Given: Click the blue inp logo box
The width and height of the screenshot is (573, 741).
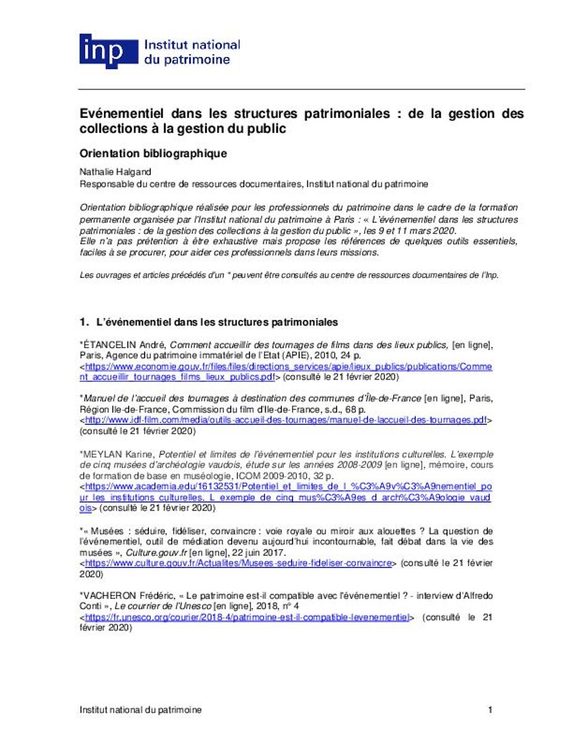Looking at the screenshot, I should pyautogui.click(x=108, y=51).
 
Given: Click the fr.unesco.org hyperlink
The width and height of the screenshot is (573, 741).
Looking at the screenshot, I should pyautogui.click(x=247, y=616).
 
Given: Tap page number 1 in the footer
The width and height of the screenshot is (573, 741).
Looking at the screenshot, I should pyautogui.click(x=490, y=710).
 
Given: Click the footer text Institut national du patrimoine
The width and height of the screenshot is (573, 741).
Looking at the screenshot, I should pyautogui.click(x=140, y=710).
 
